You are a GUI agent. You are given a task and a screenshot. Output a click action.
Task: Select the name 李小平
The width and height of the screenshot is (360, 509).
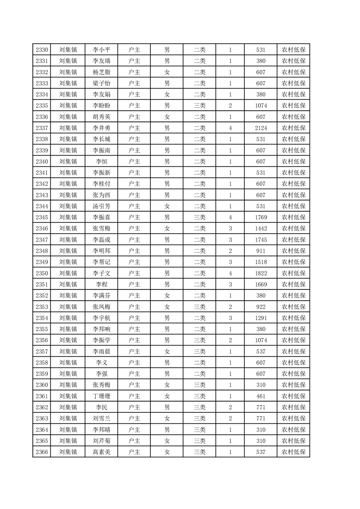pyautogui.click(x=101, y=50)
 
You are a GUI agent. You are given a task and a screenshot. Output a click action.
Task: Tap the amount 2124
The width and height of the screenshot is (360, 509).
pyautogui.click(x=261, y=128)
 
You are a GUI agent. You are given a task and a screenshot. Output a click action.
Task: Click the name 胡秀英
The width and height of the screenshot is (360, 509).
pyautogui.click(x=101, y=117)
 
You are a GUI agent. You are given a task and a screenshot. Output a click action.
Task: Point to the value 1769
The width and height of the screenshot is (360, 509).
pyautogui.click(x=261, y=217)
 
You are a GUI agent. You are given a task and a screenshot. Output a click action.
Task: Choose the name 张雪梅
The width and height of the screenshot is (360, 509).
pyautogui.click(x=101, y=229)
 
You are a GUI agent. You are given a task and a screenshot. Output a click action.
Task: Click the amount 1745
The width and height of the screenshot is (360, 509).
pyautogui.click(x=261, y=240)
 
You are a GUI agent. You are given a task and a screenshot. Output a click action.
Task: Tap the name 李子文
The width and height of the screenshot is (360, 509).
pyautogui.click(x=101, y=273)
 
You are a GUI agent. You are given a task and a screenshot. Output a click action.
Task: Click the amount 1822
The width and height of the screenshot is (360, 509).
pyautogui.click(x=261, y=273)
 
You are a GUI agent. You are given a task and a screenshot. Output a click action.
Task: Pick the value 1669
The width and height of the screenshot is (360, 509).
pyautogui.click(x=261, y=284)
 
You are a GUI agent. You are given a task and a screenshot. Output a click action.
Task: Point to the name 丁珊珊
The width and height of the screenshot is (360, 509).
pyautogui.click(x=101, y=396)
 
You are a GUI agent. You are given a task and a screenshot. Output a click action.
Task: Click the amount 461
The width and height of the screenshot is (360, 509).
pyautogui.click(x=261, y=396)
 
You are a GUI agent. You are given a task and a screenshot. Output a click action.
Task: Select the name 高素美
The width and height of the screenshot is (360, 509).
pyautogui.click(x=101, y=452)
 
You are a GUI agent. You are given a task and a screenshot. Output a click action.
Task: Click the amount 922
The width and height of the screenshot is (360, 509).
pyautogui.click(x=261, y=307)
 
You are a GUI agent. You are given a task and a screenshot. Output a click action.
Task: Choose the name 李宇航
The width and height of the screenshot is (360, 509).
pyautogui.click(x=101, y=318)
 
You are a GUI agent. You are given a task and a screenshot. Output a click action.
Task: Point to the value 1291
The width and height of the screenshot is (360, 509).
pyautogui.click(x=261, y=318)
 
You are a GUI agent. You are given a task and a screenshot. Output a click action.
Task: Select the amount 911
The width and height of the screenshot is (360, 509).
pyautogui.click(x=261, y=251)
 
